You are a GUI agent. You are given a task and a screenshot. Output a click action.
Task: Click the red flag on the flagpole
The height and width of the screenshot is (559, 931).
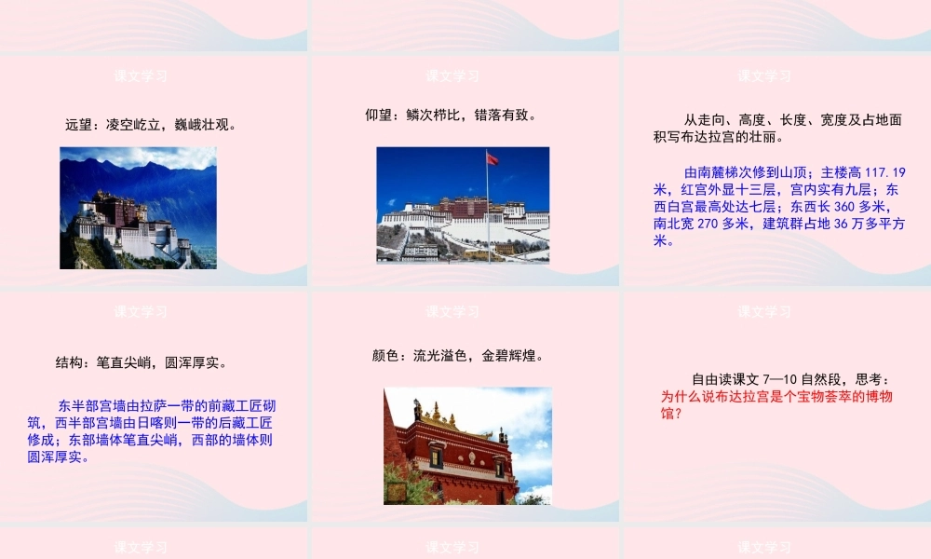[x=492, y=159]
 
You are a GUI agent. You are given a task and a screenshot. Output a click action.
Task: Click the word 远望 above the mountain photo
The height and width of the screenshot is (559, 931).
[x=79, y=125]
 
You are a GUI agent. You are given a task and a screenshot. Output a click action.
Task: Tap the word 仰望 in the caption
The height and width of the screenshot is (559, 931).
[x=379, y=116]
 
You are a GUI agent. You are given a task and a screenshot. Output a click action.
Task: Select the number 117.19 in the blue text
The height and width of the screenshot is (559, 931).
[x=885, y=172]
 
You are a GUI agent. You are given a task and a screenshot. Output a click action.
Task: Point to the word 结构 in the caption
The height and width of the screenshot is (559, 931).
[x=69, y=362]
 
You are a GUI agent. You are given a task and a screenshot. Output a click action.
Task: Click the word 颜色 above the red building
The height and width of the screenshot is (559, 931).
[x=385, y=355]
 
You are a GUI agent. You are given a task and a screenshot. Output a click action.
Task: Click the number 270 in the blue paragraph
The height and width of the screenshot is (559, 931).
[x=708, y=224]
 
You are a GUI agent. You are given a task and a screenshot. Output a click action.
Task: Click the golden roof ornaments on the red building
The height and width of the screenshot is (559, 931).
[x=436, y=412]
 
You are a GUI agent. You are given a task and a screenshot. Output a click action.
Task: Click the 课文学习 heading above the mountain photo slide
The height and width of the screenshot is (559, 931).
[x=141, y=75]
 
